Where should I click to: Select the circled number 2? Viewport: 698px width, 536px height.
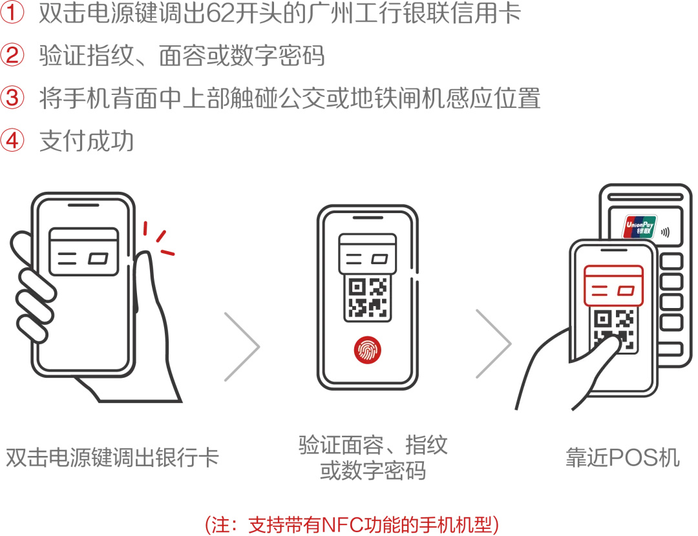(12, 54)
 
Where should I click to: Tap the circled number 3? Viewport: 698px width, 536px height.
(12, 97)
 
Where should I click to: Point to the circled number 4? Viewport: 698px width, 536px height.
(12, 140)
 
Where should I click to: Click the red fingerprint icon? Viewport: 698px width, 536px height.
(367, 350)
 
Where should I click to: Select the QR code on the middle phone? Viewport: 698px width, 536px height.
(367, 297)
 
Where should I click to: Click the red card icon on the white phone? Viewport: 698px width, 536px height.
(613, 285)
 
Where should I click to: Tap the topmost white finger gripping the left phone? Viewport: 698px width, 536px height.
(37, 285)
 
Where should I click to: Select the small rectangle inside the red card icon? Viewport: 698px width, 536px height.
(625, 291)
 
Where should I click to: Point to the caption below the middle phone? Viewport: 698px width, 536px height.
(372, 457)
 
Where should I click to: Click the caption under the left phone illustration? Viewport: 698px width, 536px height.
(113, 457)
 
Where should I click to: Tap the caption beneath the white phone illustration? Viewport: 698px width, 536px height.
(622, 457)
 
